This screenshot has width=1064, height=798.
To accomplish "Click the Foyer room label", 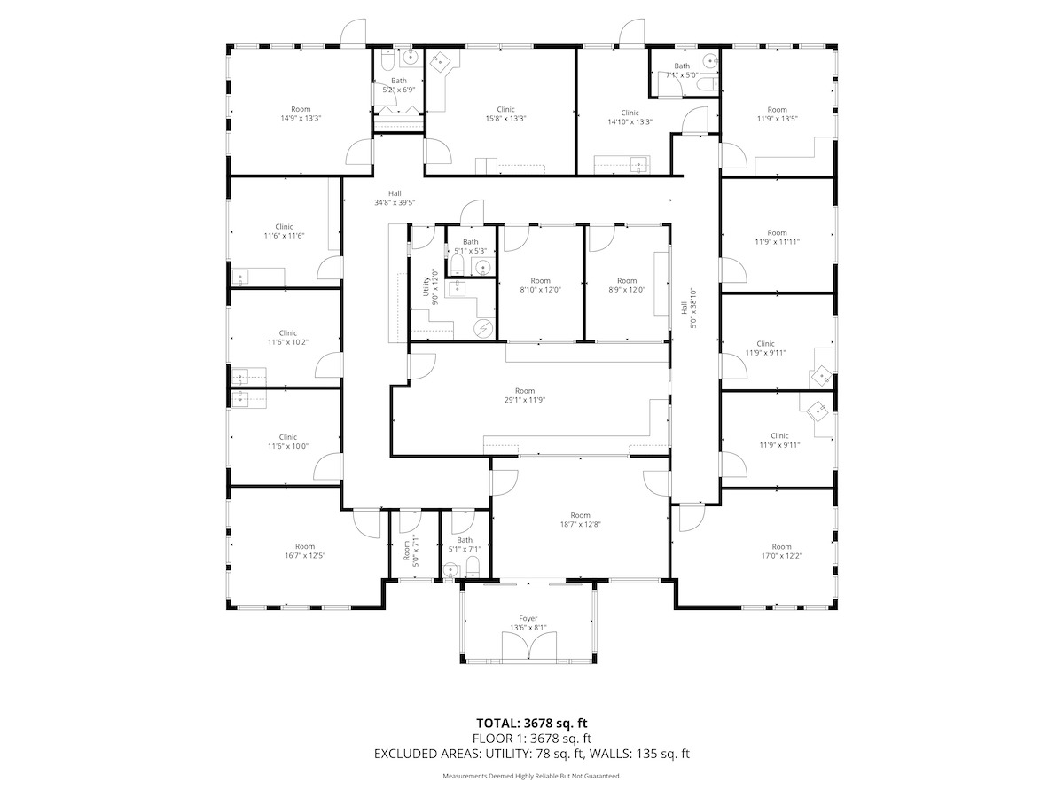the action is [528, 618].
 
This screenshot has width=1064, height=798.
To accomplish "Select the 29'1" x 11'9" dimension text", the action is [525, 400].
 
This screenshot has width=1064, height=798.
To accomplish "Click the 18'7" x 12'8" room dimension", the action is [580, 524].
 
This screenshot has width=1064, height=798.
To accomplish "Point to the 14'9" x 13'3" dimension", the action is [301, 118].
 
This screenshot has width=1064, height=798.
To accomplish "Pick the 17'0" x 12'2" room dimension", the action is [781, 556].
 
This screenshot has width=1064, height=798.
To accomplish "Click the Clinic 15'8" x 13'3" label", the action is [505, 113].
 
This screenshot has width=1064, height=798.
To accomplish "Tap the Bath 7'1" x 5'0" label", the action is [682, 71].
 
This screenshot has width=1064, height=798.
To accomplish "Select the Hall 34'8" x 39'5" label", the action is [395, 198].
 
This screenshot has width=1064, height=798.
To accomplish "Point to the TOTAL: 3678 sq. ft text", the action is [532, 724].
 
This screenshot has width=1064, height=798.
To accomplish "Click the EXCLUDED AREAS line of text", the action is [532, 754].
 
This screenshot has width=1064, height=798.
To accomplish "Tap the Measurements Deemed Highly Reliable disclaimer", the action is [532, 776].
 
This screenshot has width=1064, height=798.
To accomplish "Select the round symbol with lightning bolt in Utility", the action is [483, 329].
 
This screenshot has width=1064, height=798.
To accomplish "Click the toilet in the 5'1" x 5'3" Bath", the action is [457, 265].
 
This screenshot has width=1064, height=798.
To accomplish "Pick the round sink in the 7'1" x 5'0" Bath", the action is [711, 61].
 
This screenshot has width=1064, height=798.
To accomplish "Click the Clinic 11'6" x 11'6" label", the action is [284, 231].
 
